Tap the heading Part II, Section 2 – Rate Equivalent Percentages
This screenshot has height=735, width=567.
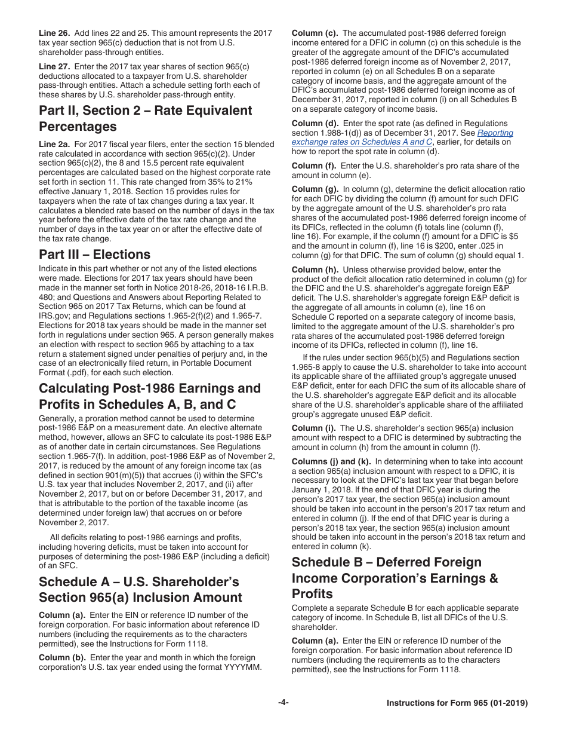pos(145,118)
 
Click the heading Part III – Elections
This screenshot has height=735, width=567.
pos(94,254)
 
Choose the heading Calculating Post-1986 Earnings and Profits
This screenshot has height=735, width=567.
pos(149,396)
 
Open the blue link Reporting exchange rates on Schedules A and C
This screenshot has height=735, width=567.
pos(402,137)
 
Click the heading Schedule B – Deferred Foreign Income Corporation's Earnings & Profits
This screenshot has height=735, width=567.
pos(394,578)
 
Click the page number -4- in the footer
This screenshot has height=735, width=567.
pos(283,703)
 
